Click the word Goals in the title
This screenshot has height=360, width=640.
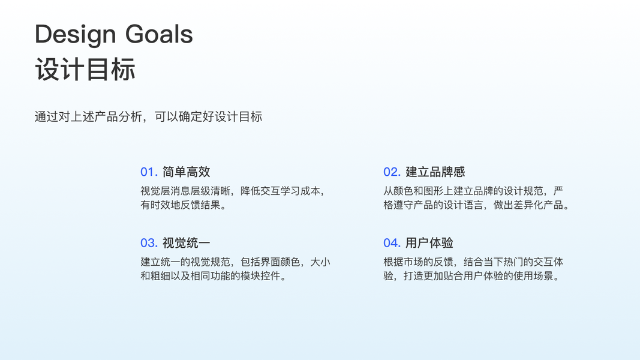point(159,34)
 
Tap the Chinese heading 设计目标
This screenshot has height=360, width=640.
point(85,70)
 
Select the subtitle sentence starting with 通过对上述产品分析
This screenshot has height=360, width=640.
point(148,117)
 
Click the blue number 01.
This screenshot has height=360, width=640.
point(149,172)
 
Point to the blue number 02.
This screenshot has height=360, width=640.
point(392,172)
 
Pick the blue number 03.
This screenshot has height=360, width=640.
point(149,243)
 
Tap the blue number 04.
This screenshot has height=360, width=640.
point(392,243)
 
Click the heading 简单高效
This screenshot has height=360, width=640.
point(186,172)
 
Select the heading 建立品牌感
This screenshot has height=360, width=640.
point(435,172)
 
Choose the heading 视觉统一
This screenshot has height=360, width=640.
point(186,243)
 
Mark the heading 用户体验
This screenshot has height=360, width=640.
point(429,243)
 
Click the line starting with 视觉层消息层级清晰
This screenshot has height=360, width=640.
point(233,191)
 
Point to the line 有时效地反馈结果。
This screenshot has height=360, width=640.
point(184,205)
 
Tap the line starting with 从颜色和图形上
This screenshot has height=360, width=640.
point(473,191)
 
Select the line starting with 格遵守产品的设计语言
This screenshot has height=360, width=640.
point(476,205)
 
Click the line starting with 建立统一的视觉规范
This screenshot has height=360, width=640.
point(235,262)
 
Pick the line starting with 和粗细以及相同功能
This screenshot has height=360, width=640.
point(214,276)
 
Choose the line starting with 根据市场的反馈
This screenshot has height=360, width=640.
point(473,262)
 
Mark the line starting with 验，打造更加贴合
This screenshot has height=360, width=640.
point(471,276)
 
